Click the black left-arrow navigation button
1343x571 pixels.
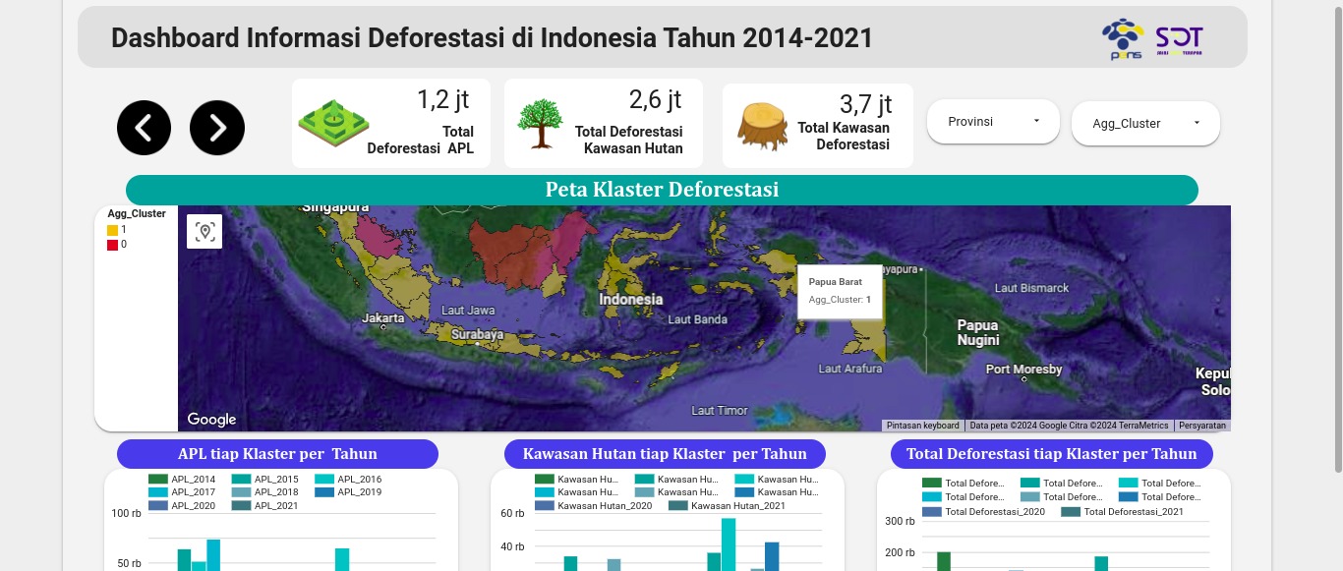[144, 128]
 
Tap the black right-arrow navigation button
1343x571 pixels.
[217, 128]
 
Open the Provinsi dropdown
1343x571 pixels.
[993, 122]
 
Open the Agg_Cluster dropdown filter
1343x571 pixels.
[1145, 124]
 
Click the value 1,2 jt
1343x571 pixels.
[443, 99]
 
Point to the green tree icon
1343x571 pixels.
[540, 123]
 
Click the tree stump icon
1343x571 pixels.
[762, 126]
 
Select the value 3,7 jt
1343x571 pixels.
[865, 103]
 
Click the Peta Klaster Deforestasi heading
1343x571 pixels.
[662, 190]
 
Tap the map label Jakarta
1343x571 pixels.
[382, 318]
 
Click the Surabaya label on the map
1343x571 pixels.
[477, 335]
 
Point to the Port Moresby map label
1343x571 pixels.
[1024, 370]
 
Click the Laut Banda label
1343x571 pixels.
[697, 319]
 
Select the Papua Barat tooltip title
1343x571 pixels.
[835, 282]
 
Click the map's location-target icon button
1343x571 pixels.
[204, 232]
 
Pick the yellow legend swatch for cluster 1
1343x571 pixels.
[112, 230]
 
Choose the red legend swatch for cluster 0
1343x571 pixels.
[112, 245]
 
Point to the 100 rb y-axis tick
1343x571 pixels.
[127, 513]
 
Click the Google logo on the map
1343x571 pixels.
[211, 420]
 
